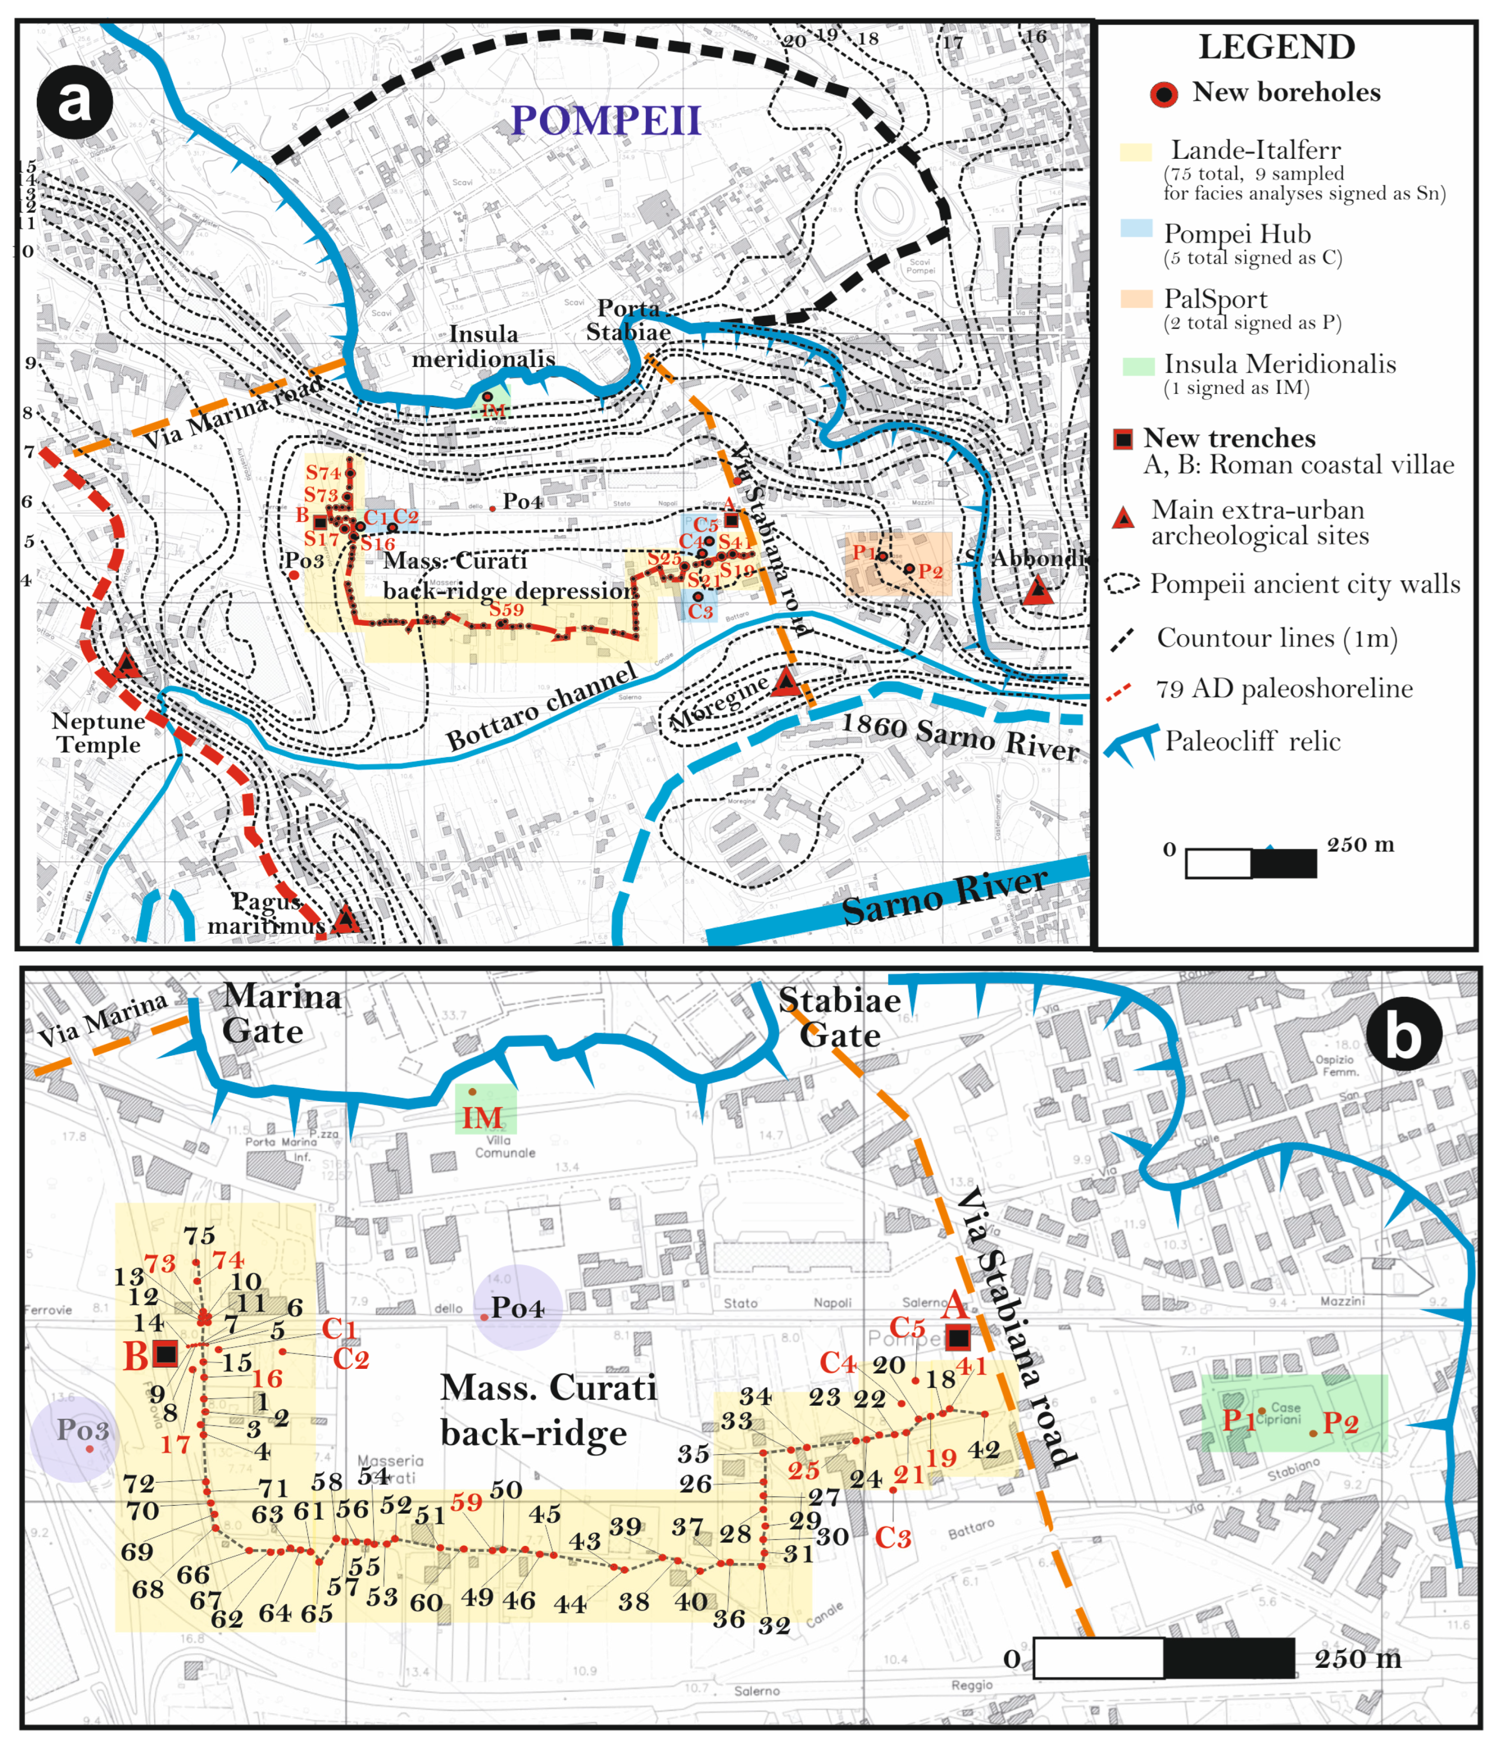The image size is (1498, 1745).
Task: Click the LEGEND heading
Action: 1277,47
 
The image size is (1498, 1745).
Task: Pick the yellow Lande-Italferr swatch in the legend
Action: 1135,152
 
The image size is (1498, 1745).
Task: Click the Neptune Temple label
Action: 98,733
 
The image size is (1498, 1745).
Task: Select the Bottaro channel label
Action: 541,706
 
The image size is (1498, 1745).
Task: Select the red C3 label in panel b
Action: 892,1537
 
